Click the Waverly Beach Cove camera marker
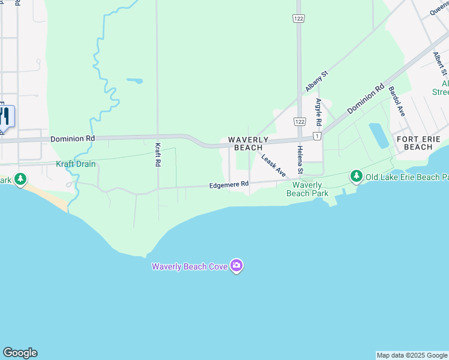[237, 266]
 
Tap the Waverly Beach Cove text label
[188, 266]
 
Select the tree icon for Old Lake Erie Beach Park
[357, 176]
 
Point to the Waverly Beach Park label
[307, 189]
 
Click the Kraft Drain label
[76, 164]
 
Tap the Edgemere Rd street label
[229, 185]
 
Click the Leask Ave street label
[273, 164]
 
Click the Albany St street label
[317, 81]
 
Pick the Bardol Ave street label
[397, 101]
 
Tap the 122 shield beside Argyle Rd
[298, 121]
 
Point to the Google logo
[20, 353]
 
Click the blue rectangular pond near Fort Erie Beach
[379, 136]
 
